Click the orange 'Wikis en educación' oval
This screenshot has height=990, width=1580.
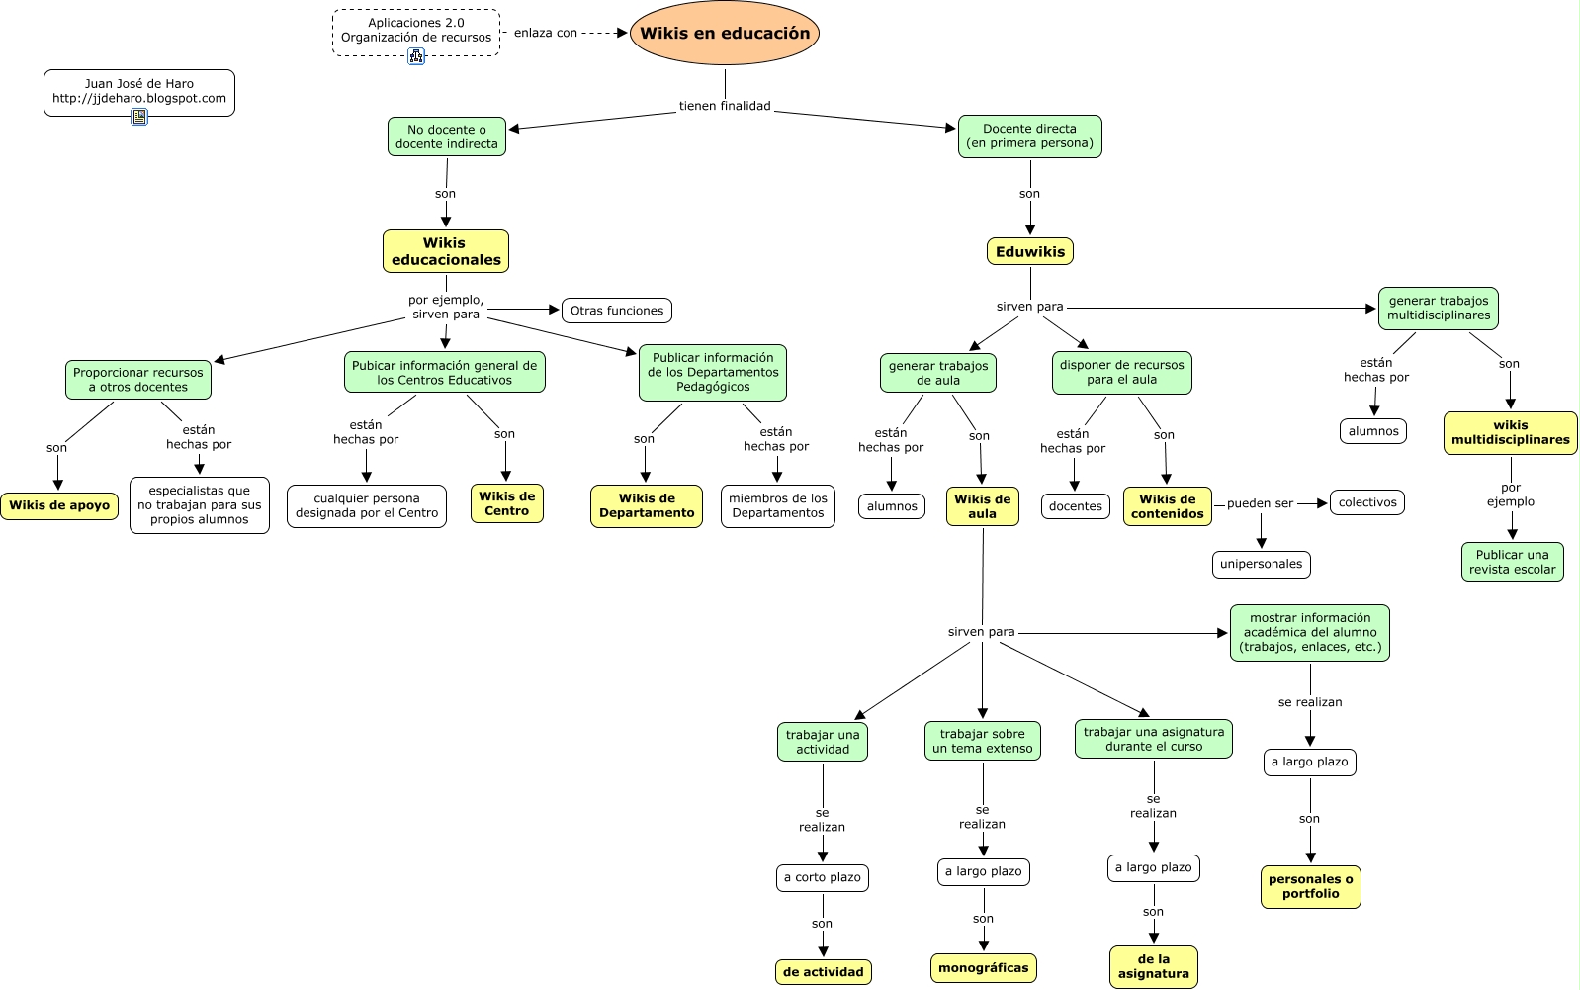[x=725, y=34]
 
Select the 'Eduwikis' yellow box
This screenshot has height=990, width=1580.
[x=1030, y=252]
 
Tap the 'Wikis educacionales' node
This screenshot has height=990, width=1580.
[x=446, y=251]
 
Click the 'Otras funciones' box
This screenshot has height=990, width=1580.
[x=617, y=311]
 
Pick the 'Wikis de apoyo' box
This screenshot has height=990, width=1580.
[x=59, y=505]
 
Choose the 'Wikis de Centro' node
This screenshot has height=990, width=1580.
[x=507, y=503]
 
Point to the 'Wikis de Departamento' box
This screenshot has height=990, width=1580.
[x=647, y=505]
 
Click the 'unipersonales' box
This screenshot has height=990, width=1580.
[x=1261, y=564]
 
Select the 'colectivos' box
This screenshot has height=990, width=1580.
[x=1367, y=502]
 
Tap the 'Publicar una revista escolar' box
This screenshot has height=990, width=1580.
[x=1512, y=562]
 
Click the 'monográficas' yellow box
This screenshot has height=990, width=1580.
[x=983, y=968]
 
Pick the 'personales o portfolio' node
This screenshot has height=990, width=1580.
[x=1310, y=886]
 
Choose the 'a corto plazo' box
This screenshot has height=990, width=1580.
[x=822, y=877]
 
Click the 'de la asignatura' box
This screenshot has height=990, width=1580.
[x=1153, y=966]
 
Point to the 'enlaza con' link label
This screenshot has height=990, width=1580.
[x=546, y=33]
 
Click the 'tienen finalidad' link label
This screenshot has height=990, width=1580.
[x=725, y=106]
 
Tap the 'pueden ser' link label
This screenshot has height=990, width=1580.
[x=1260, y=503]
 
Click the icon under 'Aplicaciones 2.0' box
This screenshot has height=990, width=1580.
[x=416, y=56]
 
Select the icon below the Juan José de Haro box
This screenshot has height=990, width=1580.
[x=139, y=117]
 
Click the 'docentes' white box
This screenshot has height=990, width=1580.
[x=1075, y=506]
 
